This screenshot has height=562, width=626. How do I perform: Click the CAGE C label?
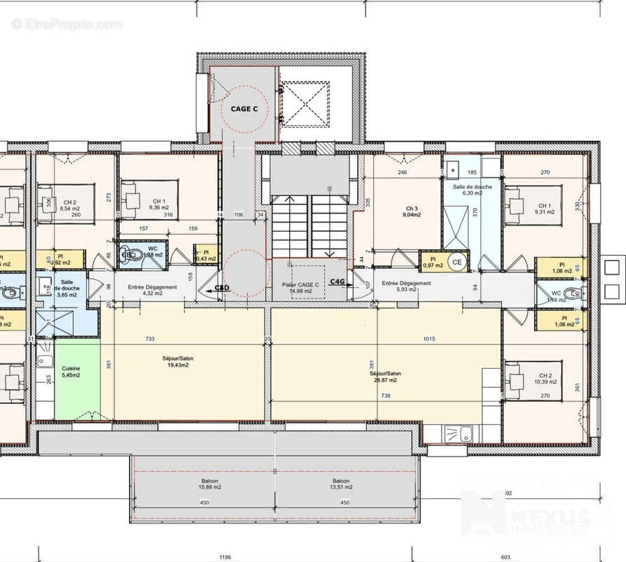[x=244, y=109]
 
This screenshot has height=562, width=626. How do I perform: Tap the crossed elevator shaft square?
[x=305, y=103]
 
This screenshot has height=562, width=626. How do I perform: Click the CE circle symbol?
[x=457, y=263]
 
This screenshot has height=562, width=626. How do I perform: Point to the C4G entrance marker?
[x=338, y=282]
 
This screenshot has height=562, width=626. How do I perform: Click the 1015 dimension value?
[x=429, y=339]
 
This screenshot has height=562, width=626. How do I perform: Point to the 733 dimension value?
[x=150, y=339]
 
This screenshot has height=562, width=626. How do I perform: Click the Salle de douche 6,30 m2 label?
[x=472, y=190]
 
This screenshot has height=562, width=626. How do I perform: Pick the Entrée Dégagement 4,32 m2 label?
[x=152, y=290]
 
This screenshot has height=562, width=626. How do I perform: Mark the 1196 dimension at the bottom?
[x=224, y=556]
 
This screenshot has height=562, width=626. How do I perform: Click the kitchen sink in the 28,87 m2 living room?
[x=464, y=433]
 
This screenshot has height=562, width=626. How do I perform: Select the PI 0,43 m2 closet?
[x=206, y=255]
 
